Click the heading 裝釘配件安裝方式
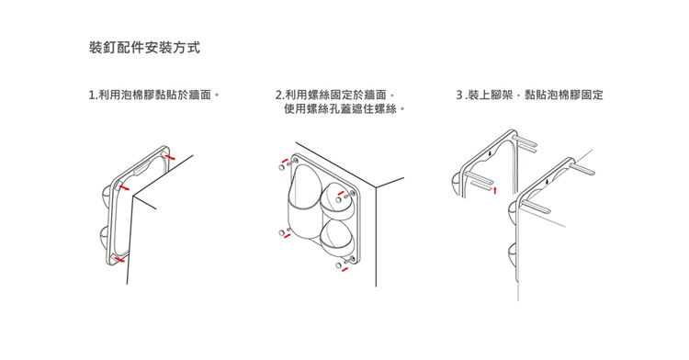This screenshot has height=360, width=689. point(144,48)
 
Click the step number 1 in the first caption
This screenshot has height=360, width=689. point(92,95)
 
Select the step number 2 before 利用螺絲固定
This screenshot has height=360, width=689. point(278,95)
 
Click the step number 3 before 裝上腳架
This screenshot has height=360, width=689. point(459,95)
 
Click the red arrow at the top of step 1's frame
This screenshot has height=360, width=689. point(170,157)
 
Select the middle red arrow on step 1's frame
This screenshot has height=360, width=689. point(124,188)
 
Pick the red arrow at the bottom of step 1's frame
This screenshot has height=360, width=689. point(119,260)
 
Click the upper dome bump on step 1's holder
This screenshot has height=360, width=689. point(107,193)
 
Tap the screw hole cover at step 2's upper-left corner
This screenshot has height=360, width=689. point(282,167)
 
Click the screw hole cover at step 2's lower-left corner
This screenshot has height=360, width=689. point(282,232)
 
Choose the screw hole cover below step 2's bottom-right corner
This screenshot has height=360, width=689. point(338,265)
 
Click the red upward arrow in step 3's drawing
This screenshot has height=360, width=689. point(495,190)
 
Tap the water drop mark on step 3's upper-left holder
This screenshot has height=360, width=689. point(491,154)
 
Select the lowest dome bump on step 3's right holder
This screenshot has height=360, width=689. point(513,255)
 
